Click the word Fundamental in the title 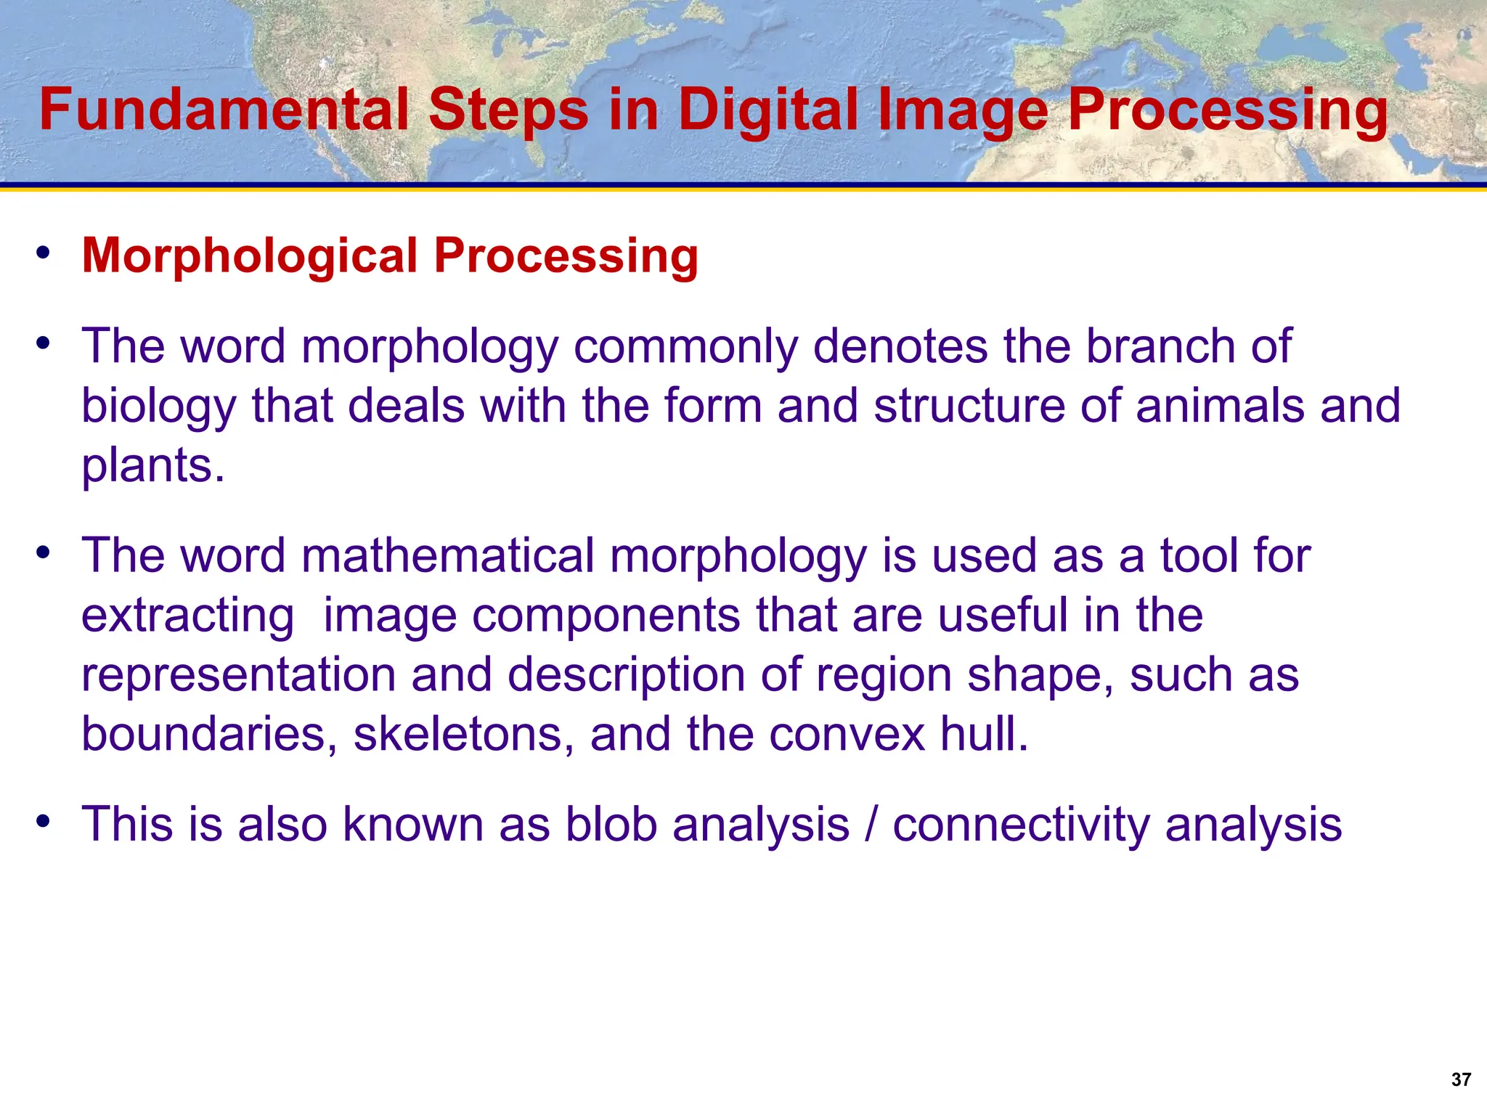pos(224,110)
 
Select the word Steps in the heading pos(508,111)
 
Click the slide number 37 pos(1461,1079)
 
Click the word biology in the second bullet pos(158,407)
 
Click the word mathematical pos(447,556)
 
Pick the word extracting pos(187,616)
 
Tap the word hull pos(985,734)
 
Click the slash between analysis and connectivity pos(871,825)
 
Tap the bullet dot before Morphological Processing pos(44,253)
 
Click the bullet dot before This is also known pos(44,822)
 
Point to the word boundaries pos(208,734)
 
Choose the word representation pos(238,675)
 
